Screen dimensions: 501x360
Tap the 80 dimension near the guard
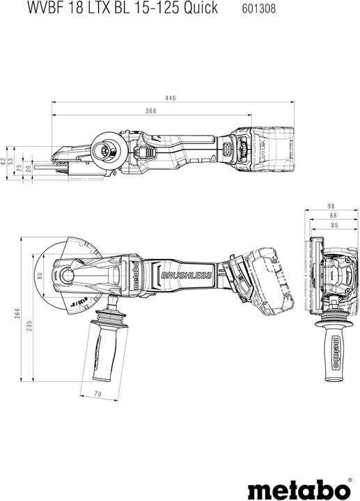point(40,276)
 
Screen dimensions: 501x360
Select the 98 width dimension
point(331,207)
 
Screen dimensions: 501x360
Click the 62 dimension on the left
point(3,161)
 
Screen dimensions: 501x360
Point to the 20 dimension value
point(28,168)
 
